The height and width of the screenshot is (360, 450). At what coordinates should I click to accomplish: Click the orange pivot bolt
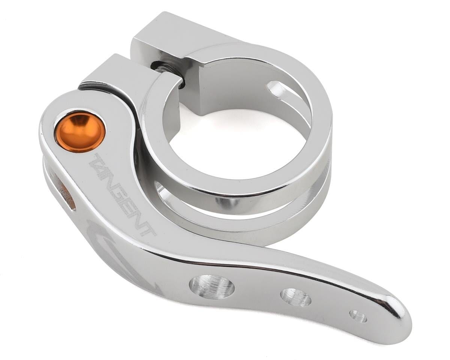point(80,132)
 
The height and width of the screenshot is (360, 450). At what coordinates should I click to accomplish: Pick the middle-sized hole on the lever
point(295,297)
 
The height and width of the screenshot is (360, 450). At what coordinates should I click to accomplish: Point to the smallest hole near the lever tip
point(358,316)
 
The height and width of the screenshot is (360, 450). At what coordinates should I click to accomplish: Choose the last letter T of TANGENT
point(148,229)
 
